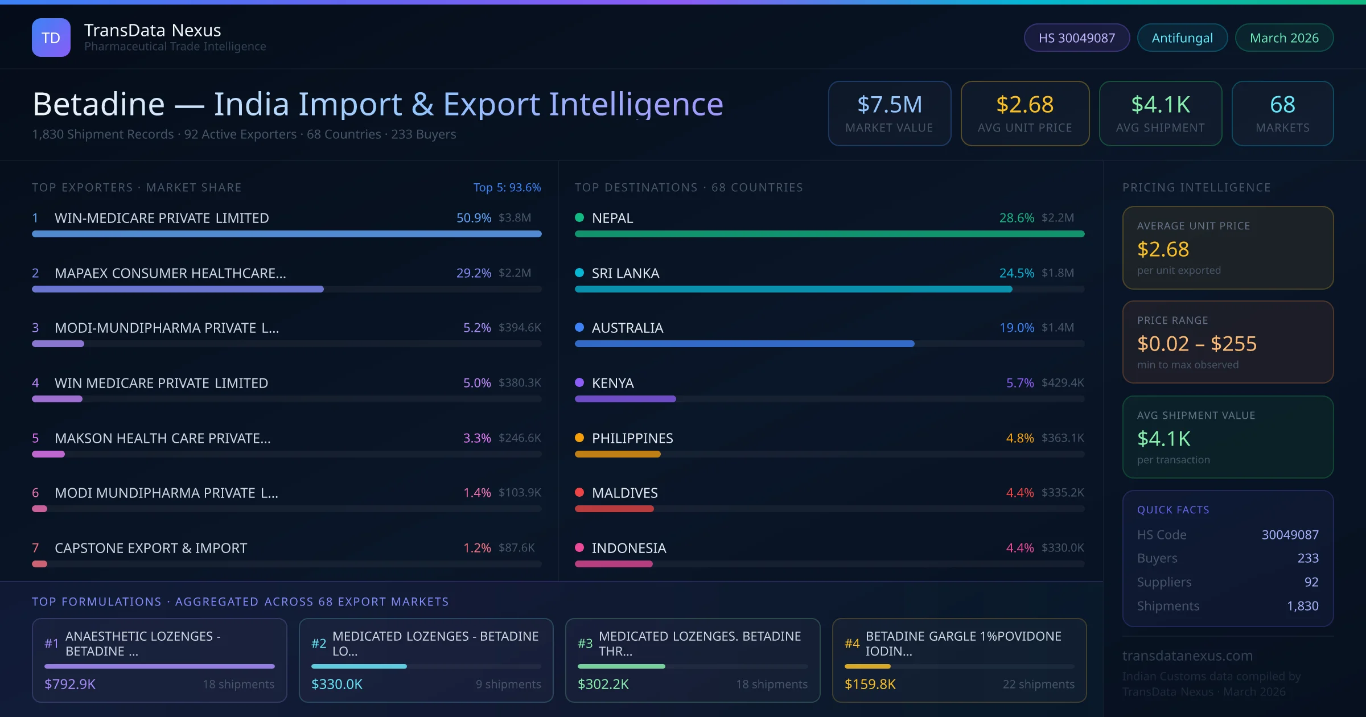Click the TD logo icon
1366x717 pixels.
(x=51, y=38)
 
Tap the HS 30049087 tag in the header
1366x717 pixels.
(x=1076, y=38)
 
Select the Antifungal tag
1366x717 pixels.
(x=1182, y=38)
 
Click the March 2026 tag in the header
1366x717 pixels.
(x=1284, y=38)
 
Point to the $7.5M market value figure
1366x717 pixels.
(x=889, y=105)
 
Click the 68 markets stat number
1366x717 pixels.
(x=1282, y=105)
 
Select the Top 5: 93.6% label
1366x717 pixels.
(x=507, y=187)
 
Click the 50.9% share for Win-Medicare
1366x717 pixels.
(x=474, y=218)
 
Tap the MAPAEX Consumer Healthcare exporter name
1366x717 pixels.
(x=170, y=273)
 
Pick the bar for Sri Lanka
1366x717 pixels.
(x=793, y=289)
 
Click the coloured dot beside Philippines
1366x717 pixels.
(x=579, y=438)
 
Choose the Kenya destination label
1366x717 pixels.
(x=612, y=383)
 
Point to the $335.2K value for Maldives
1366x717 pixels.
(x=1063, y=493)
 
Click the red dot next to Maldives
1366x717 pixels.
(x=579, y=492)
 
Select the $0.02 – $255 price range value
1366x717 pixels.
(x=1196, y=344)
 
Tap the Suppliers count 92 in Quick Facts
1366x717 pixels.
(x=1311, y=582)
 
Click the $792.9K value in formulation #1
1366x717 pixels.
(x=70, y=684)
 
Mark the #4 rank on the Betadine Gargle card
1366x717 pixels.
(x=852, y=644)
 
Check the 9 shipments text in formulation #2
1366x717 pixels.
(x=508, y=684)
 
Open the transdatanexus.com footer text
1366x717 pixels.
(x=1187, y=656)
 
